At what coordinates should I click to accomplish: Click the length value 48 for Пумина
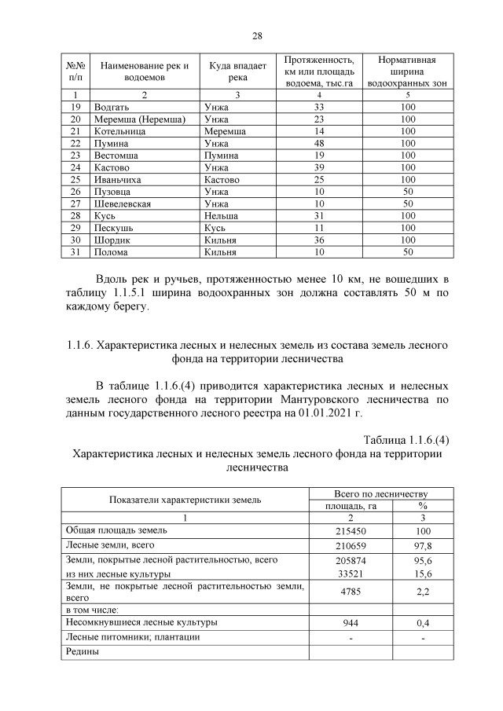pos(319,144)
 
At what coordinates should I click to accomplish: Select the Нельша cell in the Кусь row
pos(219,216)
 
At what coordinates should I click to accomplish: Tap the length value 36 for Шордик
pos(319,240)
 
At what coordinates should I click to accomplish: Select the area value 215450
pos(351,531)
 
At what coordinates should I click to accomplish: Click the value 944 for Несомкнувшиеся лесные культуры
pos(351,623)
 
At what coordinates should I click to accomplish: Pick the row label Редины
pos(83,651)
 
